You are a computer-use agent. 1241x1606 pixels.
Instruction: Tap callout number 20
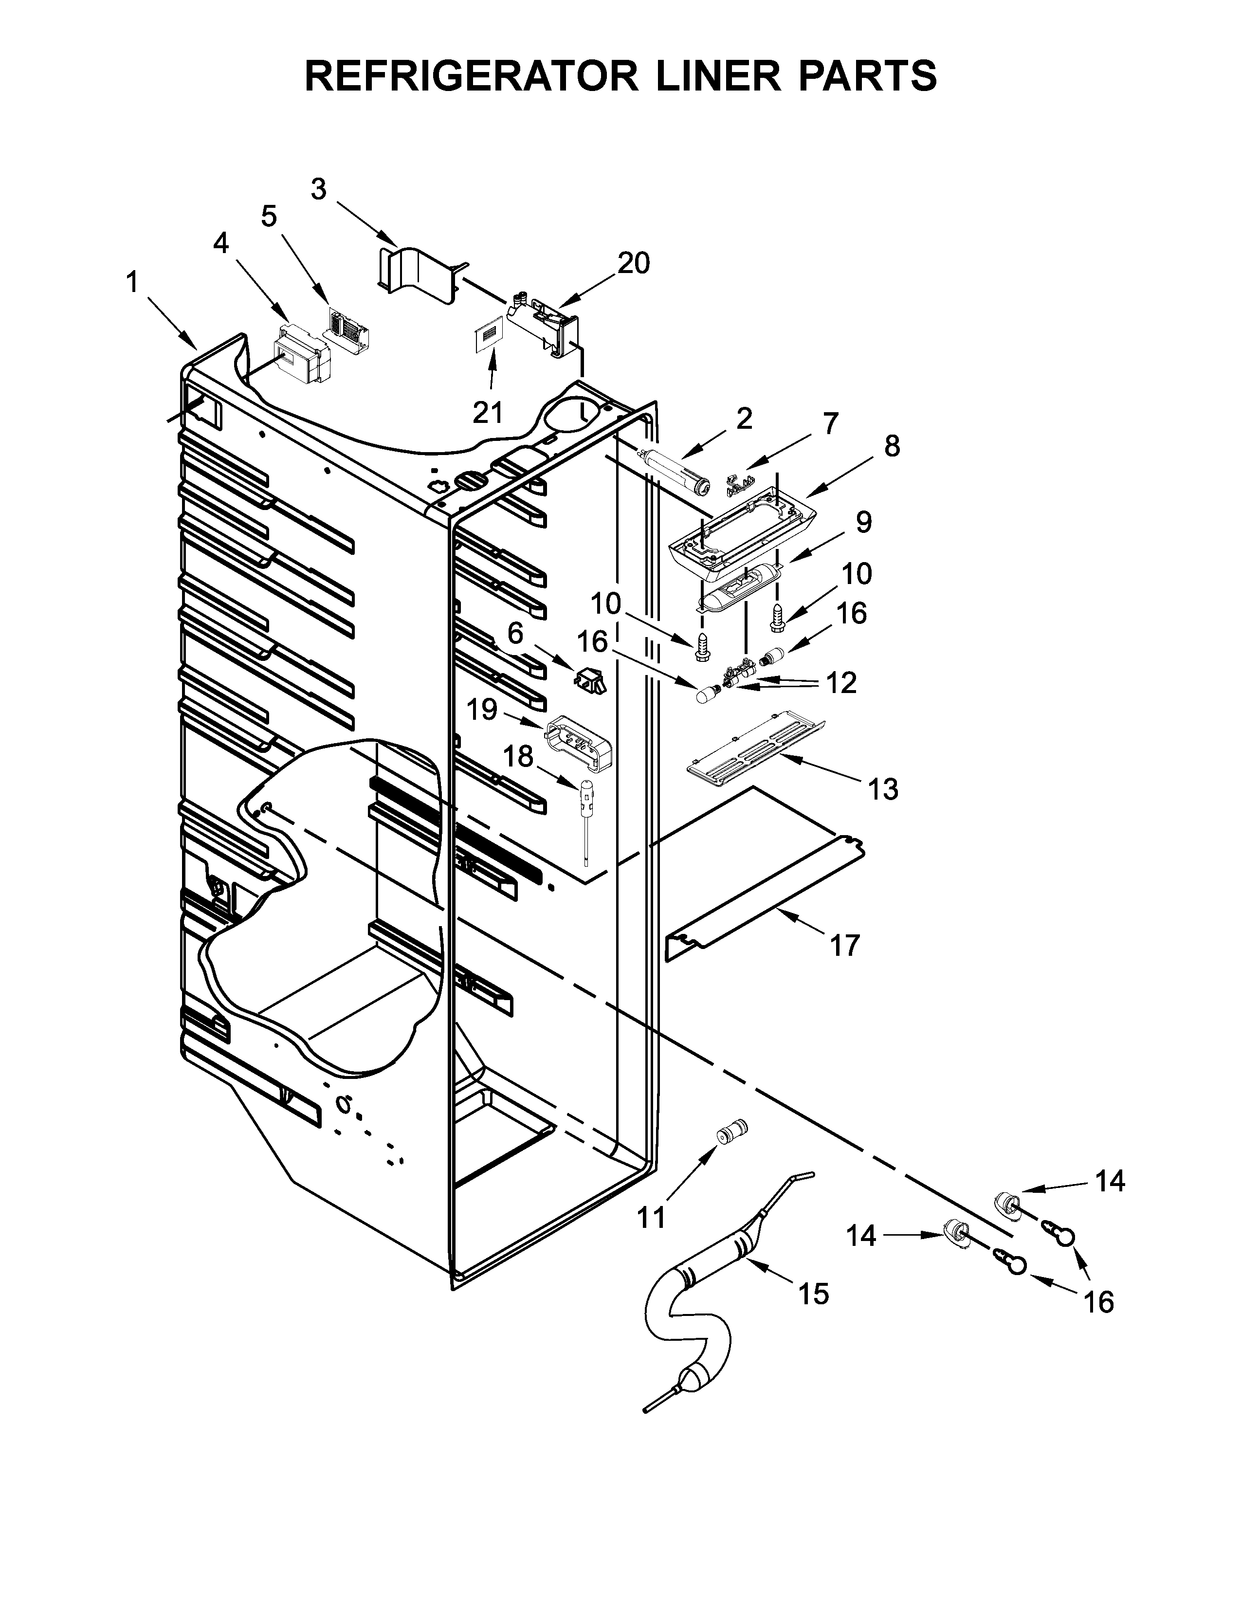coord(634,263)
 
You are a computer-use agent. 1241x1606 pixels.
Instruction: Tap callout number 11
coord(651,1217)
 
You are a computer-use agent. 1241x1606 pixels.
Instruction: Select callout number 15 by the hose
coord(813,1294)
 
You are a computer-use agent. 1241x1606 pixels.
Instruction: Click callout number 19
coord(482,711)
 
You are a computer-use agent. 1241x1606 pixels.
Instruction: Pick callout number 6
coord(515,633)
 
